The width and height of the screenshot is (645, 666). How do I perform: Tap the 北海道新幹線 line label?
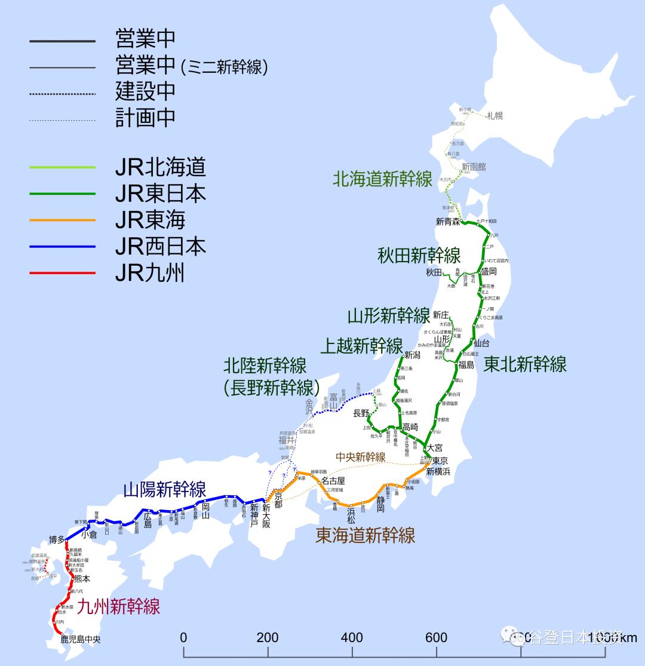(x=382, y=179)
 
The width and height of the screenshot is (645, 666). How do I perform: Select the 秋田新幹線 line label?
(x=419, y=256)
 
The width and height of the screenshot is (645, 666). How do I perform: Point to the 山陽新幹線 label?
(x=164, y=490)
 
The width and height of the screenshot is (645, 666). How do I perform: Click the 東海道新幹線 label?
(x=365, y=535)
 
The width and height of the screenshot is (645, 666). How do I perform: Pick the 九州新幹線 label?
(x=119, y=607)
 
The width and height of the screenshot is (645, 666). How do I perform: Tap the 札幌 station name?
(x=494, y=115)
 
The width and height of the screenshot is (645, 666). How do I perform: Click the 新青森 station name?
(x=448, y=222)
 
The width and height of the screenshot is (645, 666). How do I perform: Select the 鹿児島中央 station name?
(x=81, y=639)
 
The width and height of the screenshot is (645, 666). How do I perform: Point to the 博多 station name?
(x=57, y=539)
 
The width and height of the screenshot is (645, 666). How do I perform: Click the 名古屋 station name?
(x=333, y=480)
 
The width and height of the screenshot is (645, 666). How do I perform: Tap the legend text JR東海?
(x=150, y=220)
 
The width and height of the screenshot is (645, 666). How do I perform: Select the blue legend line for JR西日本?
(x=62, y=246)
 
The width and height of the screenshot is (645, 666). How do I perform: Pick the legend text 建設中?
(x=145, y=91)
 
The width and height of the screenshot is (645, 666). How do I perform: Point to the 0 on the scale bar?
(x=183, y=637)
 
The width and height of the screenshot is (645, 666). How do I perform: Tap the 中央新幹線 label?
(x=360, y=457)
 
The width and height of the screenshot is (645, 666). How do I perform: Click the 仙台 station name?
(x=481, y=343)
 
